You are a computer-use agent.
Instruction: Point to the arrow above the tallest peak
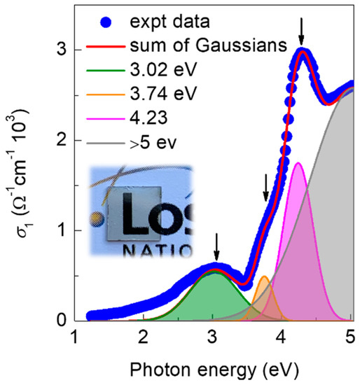pos(301,30)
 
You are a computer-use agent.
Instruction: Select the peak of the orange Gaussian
pos(264,277)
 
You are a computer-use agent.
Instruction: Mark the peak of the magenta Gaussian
pos(298,163)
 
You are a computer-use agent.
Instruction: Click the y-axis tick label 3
pos(62,50)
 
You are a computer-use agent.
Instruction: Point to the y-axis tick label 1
pos(62,230)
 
